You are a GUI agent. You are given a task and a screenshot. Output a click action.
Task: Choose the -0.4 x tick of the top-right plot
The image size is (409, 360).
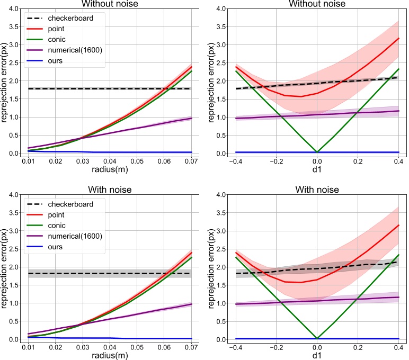tap(234, 160)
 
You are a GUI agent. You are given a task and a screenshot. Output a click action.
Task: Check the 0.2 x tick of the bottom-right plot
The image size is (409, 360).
tap(358, 347)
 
